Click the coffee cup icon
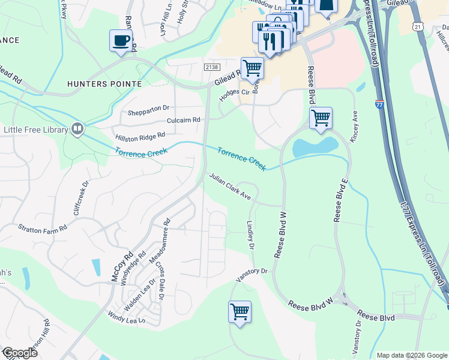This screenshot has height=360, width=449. pos(121,41)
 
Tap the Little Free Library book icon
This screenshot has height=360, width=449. pos(77,129)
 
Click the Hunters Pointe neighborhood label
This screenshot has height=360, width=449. pos(105,84)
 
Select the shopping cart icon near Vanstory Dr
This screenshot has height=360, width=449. pos(240,311)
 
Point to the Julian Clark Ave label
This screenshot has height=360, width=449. pos(229,187)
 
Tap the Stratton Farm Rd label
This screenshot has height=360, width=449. pos(42,228)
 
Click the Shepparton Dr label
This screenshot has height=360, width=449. pos(149,110)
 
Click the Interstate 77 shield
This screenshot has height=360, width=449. pos(380,104)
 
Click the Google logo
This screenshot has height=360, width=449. pos(19,353)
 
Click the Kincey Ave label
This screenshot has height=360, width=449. pos(355,126)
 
